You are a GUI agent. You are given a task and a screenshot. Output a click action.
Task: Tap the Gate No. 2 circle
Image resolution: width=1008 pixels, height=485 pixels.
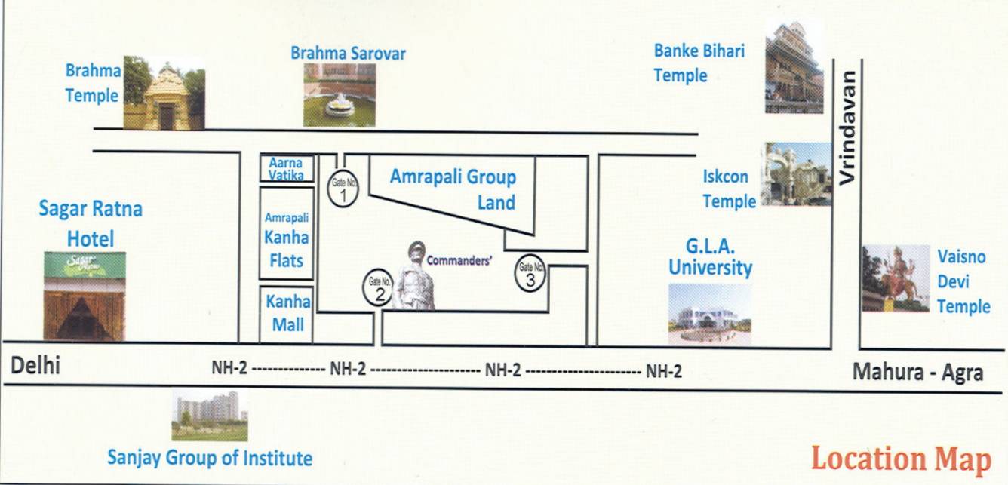tap(378, 287)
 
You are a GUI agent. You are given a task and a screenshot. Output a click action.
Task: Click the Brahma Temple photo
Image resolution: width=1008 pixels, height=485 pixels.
tap(164, 93)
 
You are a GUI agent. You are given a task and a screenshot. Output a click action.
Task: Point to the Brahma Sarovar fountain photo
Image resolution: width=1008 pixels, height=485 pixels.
tap(340, 94)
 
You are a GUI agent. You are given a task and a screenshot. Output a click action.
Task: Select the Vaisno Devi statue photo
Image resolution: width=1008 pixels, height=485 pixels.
tap(896, 278)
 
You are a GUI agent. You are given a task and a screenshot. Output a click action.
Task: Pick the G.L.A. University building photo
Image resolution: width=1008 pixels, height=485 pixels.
tap(709, 315)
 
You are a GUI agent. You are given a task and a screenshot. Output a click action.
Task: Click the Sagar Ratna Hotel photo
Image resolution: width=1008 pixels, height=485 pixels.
tap(85, 296)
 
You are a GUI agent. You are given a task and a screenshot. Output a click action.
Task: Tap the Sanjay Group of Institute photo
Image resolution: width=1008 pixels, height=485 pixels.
tap(209, 416)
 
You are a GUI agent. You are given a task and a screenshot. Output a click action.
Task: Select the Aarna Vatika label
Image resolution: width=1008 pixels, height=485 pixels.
tap(286, 169)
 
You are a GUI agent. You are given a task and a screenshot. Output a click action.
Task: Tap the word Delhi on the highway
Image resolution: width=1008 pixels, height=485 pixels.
tap(35, 367)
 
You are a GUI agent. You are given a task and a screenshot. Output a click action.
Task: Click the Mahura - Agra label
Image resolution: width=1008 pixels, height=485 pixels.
tap(917, 372)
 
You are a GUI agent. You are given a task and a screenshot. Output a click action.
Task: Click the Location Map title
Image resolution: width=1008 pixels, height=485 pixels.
tap(901, 458)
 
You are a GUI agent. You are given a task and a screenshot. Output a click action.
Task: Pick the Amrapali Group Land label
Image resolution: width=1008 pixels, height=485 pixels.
tap(453, 189)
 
